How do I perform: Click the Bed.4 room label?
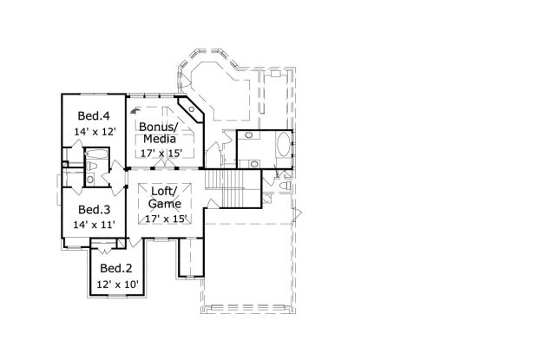94,116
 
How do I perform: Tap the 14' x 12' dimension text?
95,132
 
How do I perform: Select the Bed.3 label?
94,209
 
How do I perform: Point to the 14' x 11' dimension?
94,225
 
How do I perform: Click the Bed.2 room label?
116,268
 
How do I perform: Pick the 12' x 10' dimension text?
117,285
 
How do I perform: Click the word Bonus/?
159,127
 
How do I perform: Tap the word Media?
160,139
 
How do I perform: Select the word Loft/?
165,191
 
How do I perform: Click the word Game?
165,204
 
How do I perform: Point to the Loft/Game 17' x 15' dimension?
166,219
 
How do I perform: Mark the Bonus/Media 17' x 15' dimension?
161,153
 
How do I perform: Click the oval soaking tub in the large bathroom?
284,144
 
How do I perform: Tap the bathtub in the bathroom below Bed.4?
96,154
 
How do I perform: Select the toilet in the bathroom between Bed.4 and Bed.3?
92,167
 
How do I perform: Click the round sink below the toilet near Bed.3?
90,180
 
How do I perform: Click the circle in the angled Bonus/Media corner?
192,109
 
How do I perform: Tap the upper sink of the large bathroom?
249,135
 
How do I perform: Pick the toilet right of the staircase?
285,186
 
